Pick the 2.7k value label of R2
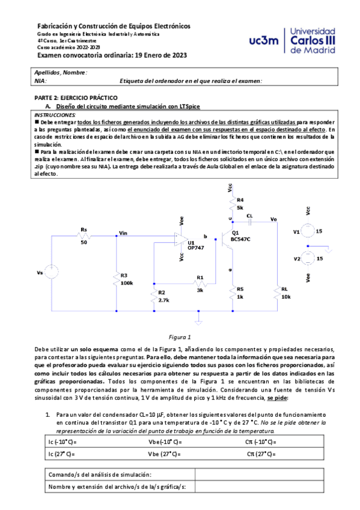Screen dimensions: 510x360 (x=163, y=300)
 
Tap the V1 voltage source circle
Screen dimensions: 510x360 (x=307, y=231)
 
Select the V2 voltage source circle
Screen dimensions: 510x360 (x=307, y=259)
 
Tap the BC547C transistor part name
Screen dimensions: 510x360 (x=241, y=239)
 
